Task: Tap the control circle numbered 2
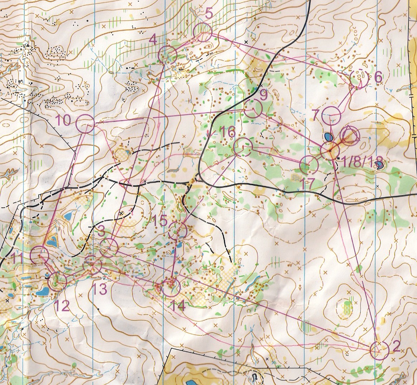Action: click(379, 350)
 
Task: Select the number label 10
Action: click(64, 120)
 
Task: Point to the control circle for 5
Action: click(202, 31)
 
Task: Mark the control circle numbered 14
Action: click(170, 287)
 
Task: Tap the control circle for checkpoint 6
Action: click(359, 79)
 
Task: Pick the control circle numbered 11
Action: click(39, 255)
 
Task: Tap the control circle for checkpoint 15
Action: click(178, 231)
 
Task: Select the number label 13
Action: click(101, 289)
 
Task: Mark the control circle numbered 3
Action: click(109, 247)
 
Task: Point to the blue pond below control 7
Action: click(328, 137)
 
